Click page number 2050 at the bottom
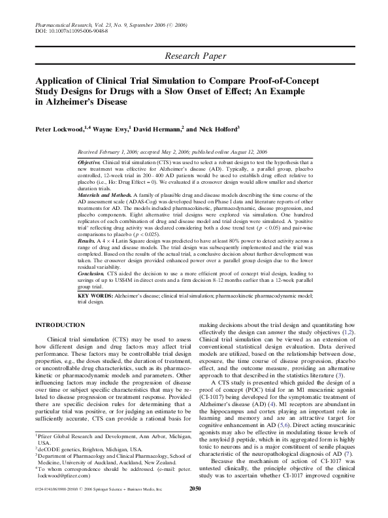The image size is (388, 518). coord(193,506)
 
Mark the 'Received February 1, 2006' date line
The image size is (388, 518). coord(118,150)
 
